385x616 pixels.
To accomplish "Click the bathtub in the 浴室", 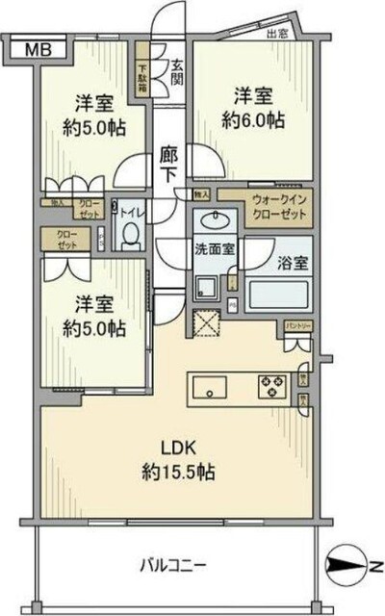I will click(x=279, y=293).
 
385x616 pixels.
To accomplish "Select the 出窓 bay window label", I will click(x=278, y=34).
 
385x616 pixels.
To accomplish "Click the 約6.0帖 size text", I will click(x=252, y=120).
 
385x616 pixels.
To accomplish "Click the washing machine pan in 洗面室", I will click(x=207, y=286).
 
